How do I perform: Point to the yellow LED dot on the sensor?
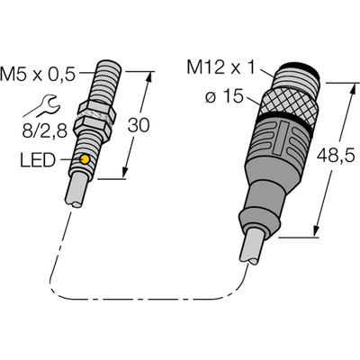(84, 160)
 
